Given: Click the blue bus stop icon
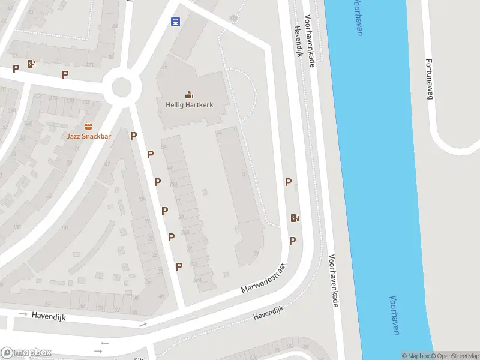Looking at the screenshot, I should [176, 22].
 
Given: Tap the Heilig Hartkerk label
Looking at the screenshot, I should [189, 104].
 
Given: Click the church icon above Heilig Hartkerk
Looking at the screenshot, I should [189, 94].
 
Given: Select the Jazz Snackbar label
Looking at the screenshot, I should [89, 137].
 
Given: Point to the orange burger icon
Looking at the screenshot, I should [89, 126].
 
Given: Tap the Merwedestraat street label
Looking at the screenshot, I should [264, 278].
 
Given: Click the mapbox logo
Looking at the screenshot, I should [26, 353].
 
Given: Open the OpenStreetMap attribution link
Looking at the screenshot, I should [455, 356].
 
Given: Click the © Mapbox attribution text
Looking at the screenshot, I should [416, 356].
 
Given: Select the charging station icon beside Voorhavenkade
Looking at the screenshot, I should [295, 218].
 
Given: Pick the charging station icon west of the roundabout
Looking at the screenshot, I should [31, 64].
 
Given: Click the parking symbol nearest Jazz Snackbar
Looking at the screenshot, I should [134, 136].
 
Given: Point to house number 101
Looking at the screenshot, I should [64, 228].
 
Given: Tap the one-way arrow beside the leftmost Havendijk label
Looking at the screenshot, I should [23, 314].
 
